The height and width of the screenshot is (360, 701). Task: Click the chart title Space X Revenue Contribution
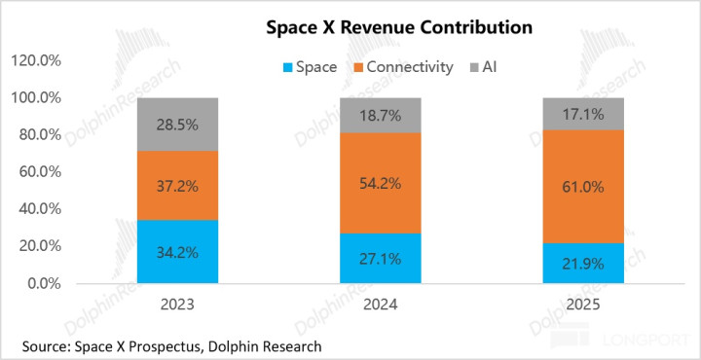(x=399, y=27)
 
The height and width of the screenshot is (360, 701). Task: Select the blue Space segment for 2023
(x=177, y=251)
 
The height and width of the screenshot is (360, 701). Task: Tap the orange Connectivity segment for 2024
(x=381, y=183)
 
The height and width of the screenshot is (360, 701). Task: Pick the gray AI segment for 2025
(x=583, y=114)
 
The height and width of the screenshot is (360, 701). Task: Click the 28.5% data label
(x=177, y=125)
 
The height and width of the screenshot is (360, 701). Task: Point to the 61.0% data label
(x=583, y=187)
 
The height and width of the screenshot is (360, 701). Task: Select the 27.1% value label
(x=381, y=259)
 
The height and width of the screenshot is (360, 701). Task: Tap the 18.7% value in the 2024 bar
(x=381, y=116)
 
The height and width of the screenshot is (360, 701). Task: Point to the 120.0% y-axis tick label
(x=35, y=60)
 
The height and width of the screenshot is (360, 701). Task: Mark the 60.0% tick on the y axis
(x=38, y=172)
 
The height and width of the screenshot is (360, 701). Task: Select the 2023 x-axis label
(x=177, y=306)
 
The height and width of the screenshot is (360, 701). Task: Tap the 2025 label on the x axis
(x=583, y=306)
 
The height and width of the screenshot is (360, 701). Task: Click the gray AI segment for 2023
(x=177, y=125)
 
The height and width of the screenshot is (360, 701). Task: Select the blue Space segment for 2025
(x=583, y=263)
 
